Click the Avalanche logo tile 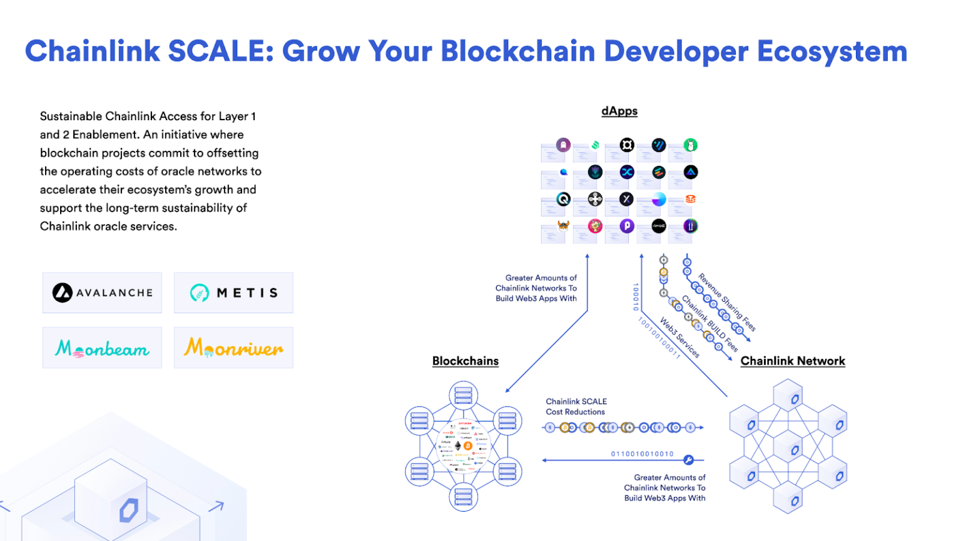(x=102, y=292)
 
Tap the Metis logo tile (x=233, y=292)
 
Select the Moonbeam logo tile (x=102, y=348)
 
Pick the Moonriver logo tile (x=233, y=348)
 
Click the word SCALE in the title (x=221, y=51)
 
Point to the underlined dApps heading (x=619, y=111)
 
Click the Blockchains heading (x=465, y=361)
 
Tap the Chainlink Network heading (x=793, y=361)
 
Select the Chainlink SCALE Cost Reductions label (x=576, y=406)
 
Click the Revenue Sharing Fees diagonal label (x=727, y=302)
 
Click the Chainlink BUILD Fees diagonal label (x=709, y=323)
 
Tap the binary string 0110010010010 (x=642, y=454)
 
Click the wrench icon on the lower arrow (x=688, y=460)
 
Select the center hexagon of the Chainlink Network (x=788, y=449)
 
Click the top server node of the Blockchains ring (x=464, y=396)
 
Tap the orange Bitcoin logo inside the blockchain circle (x=468, y=446)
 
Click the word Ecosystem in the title (x=832, y=51)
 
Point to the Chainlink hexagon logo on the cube (x=129, y=510)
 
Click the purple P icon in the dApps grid (x=627, y=226)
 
